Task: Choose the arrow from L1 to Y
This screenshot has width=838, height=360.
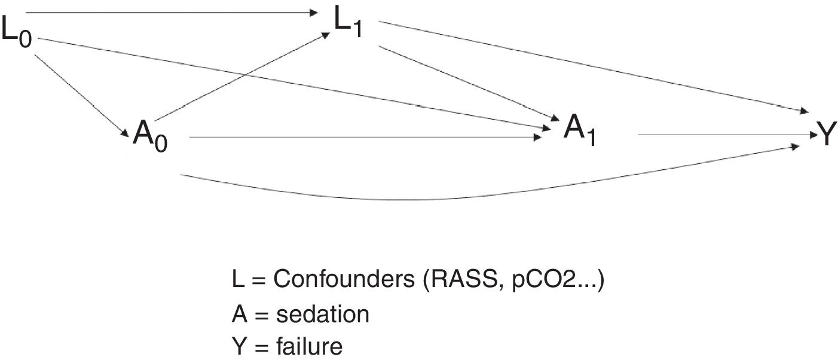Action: click(592, 66)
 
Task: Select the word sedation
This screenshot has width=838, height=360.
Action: click(322, 313)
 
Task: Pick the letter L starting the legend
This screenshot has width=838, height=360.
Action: click(237, 280)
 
